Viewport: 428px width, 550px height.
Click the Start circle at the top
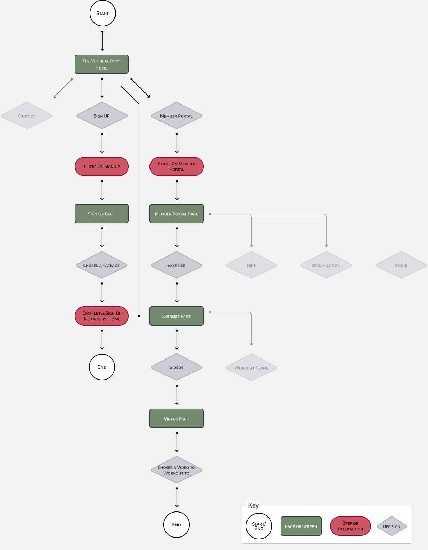tap(103, 13)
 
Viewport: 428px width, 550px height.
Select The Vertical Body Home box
tap(102, 64)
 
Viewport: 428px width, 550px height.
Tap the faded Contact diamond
tap(27, 116)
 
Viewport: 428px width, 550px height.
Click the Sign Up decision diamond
tap(102, 116)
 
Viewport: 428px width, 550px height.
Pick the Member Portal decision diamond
tap(177, 116)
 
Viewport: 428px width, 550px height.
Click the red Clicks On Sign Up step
tap(102, 167)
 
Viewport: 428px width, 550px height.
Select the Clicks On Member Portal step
tap(177, 167)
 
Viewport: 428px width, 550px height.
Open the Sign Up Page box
tap(102, 214)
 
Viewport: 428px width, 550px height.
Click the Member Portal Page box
tap(177, 214)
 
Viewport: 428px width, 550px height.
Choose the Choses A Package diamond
tap(102, 265)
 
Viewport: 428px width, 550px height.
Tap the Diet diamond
tap(251, 265)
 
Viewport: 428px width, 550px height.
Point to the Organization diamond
tap(326, 265)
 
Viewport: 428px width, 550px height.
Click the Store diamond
tap(401, 265)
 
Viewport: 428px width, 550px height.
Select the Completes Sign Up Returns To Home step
tap(102, 316)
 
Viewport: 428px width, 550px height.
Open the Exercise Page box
tap(177, 316)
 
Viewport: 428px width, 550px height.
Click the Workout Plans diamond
tap(251, 367)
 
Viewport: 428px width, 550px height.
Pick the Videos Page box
tap(177, 418)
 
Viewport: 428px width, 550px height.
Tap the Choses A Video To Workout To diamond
tap(177, 470)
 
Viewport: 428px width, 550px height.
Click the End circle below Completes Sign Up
tap(102, 367)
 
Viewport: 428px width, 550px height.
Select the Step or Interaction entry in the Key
tap(350, 526)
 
